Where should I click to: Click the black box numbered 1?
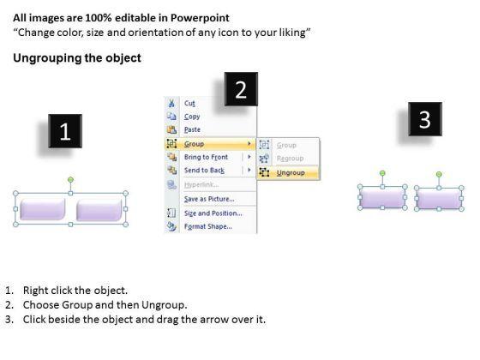[x=65, y=131]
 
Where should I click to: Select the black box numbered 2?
[x=241, y=89]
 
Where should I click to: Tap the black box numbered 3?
[x=425, y=119]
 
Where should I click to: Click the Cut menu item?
[x=189, y=104]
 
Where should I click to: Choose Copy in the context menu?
[x=192, y=117]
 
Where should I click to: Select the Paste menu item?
[x=192, y=129]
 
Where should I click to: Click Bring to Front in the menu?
[x=206, y=157]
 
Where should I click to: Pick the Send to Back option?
[x=204, y=171]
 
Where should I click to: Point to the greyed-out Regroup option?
[x=290, y=159]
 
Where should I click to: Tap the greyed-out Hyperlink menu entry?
[x=201, y=184]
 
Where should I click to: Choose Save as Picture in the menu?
[x=209, y=199]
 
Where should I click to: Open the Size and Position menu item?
[x=213, y=213]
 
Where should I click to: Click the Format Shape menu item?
[x=207, y=226]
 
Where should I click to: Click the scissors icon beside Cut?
[x=171, y=103]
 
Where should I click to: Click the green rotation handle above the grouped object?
[x=70, y=179]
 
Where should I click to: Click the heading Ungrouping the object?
[x=77, y=58]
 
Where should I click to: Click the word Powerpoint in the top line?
[x=200, y=18]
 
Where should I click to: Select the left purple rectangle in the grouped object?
[x=43, y=209]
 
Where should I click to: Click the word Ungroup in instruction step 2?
[x=164, y=305]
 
